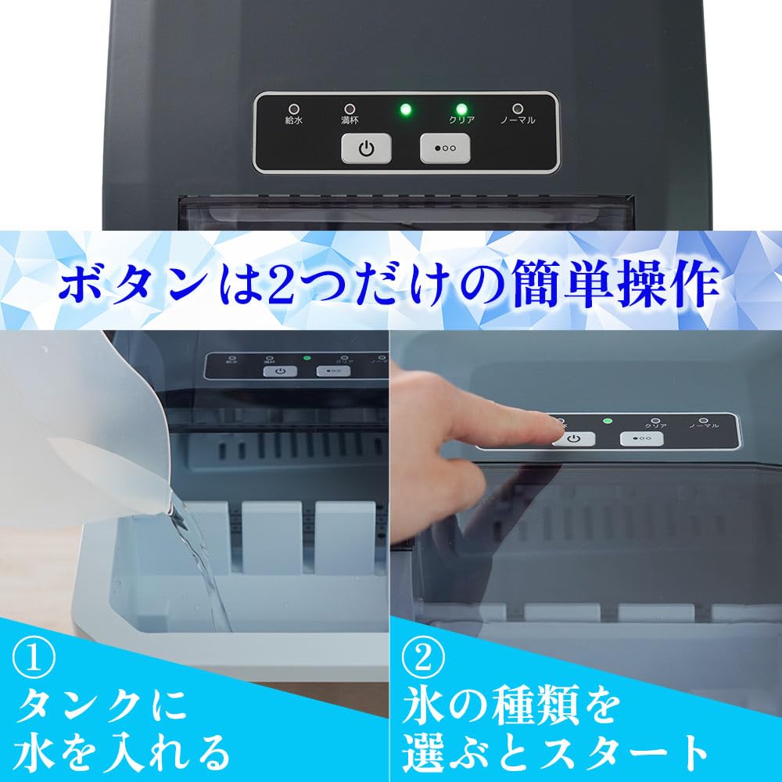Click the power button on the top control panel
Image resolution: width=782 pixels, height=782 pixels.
click(366, 148)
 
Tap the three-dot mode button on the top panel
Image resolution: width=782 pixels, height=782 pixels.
click(445, 148)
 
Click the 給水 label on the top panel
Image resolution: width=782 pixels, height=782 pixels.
click(294, 121)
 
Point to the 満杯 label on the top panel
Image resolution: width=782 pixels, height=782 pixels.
click(350, 121)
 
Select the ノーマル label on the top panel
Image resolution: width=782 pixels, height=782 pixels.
click(518, 121)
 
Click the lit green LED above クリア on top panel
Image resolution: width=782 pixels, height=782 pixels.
click(461, 109)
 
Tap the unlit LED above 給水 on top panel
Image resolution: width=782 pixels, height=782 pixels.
click(294, 109)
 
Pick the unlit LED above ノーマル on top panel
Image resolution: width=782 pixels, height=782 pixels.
click(518, 109)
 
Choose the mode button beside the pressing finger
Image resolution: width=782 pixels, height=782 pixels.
click(641, 439)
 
